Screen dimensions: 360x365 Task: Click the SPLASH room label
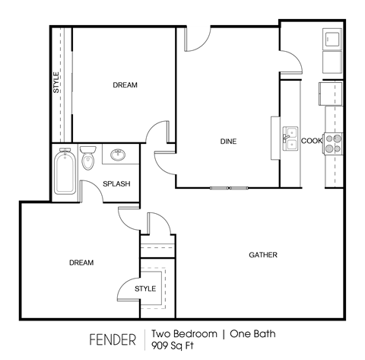(117, 183)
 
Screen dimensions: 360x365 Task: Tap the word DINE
(228, 141)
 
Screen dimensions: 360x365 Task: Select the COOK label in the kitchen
(312, 141)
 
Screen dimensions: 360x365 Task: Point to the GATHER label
(263, 255)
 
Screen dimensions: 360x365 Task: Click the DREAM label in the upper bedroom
(125, 85)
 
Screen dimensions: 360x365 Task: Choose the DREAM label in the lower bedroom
(81, 263)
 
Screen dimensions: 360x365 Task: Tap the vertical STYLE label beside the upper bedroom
(56, 82)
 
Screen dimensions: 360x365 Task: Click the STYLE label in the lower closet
(145, 288)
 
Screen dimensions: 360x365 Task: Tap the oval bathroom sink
(119, 156)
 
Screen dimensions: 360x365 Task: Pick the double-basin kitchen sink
(290, 139)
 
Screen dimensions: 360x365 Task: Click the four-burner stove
(334, 142)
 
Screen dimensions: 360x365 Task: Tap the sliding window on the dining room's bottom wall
(228, 187)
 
